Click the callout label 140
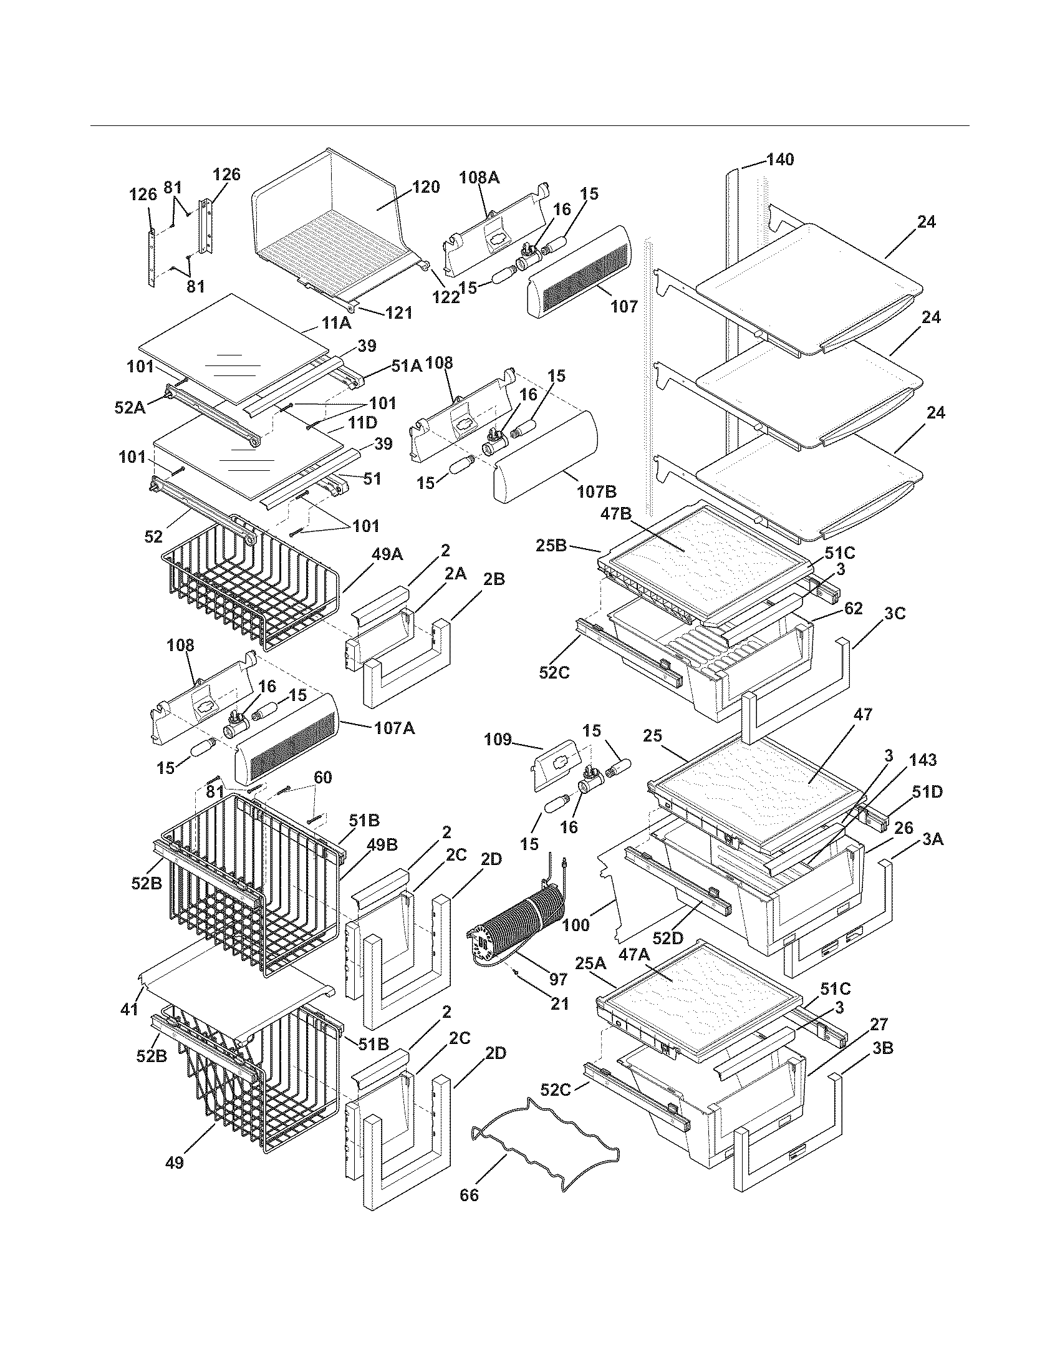[780, 160]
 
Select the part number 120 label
[426, 187]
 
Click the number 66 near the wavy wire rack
[469, 1212]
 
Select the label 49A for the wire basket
[387, 554]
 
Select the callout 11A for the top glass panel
[337, 324]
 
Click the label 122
[446, 297]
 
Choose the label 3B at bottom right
[882, 1048]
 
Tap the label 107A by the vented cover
[393, 728]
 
